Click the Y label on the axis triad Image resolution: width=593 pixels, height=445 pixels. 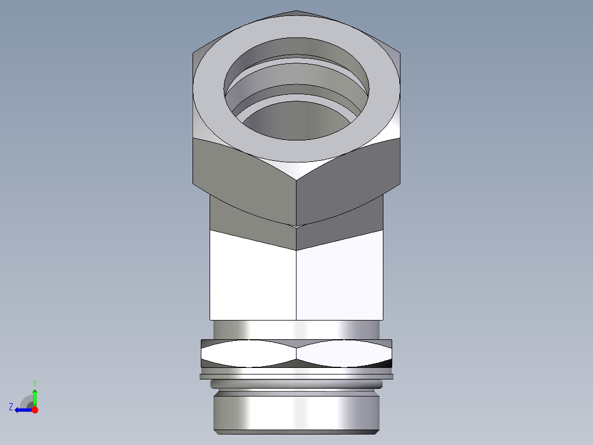(x=34, y=382)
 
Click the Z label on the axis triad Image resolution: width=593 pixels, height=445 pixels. (x=11, y=407)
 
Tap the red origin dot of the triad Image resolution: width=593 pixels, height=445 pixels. (x=35, y=410)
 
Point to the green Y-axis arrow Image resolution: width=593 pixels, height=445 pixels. (x=35, y=397)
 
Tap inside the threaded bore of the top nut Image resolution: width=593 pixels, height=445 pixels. (x=297, y=118)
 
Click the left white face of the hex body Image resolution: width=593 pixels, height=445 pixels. (x=253, y=275)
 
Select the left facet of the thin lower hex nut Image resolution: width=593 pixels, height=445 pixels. (x=248, y=353)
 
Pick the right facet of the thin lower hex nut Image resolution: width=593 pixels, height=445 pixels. (x=344, y=353)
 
